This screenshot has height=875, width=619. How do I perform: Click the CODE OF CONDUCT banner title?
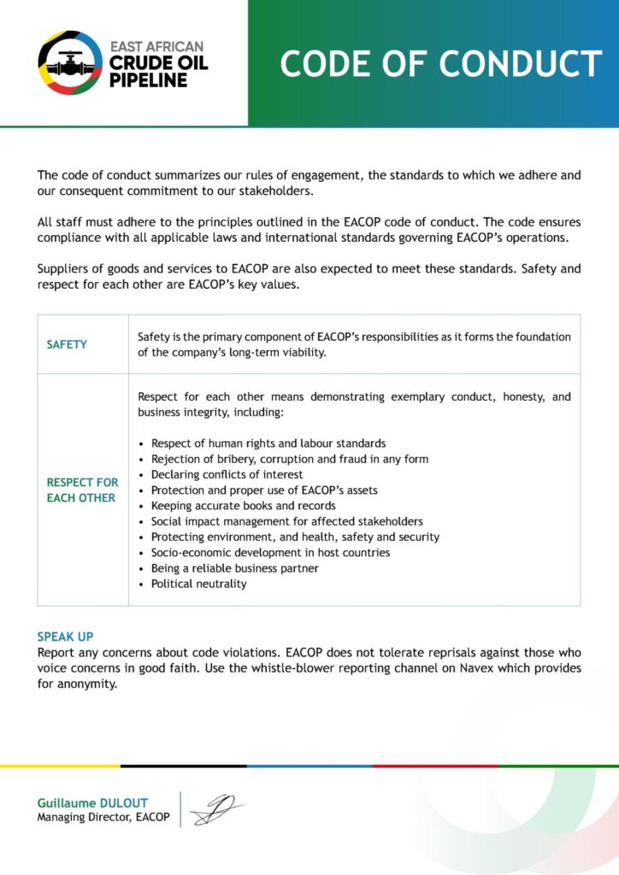pos(440,64)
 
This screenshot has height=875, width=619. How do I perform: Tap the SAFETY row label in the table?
pos(67,344)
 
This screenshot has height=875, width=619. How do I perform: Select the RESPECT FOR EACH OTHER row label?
pos(82,490)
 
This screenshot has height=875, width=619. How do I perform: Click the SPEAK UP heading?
pos(65,637)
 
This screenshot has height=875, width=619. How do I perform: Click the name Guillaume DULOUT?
pos(92,803)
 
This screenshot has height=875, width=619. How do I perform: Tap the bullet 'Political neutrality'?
pos(198,584)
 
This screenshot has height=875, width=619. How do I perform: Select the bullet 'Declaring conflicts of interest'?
pos(227,474)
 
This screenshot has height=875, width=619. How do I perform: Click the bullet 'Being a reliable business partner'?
pos(234,568)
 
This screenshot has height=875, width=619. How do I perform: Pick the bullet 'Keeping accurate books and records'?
pos(243,506)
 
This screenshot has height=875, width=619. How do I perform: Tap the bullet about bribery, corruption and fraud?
pos(290,459)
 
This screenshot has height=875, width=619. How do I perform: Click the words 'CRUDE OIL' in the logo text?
pos(158,63)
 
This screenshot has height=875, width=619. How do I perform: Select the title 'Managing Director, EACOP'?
pos(103,818)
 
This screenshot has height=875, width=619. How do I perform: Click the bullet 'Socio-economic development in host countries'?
pos(270,553)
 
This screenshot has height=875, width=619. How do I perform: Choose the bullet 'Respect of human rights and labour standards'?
pos(268,443)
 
